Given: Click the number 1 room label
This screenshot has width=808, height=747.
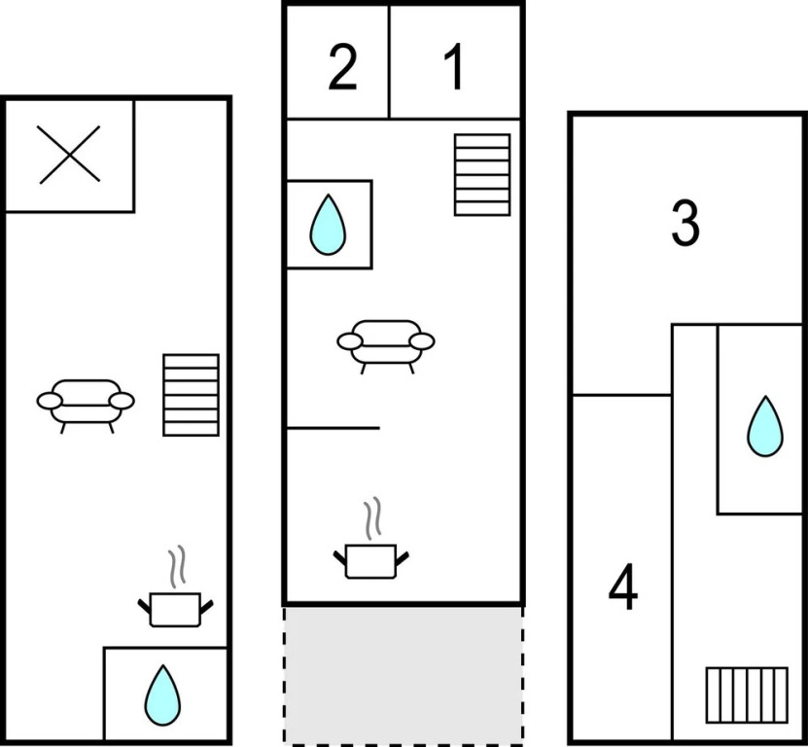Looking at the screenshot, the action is point(455,66).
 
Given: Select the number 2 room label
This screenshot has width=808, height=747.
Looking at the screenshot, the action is point(342,67).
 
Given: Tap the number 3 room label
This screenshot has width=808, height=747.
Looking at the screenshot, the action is point(685,223).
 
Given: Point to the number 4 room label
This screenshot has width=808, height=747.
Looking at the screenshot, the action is point(623,587).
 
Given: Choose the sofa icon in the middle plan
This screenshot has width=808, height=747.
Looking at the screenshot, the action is point(386,346).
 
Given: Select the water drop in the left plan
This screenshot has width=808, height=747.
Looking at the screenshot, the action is point(162,695).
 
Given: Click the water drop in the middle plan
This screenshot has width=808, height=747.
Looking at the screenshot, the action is point(328,225).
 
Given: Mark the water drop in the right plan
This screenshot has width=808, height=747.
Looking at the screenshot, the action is point(765,426).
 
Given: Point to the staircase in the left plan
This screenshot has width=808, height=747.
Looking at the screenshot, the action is point(192,395).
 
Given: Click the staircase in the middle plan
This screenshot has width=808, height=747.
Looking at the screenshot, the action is point(482,175).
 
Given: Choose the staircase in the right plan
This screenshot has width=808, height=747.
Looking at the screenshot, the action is point(747,694).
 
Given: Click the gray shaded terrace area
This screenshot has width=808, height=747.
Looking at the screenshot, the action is point(403,675).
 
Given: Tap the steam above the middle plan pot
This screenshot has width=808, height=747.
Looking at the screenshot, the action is point(373,518).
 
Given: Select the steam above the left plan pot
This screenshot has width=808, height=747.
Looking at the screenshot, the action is point(177,566).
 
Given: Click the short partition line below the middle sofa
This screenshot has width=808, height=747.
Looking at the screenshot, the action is point(334,428).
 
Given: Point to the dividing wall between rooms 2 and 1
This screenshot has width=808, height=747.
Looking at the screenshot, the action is point(389,62).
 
